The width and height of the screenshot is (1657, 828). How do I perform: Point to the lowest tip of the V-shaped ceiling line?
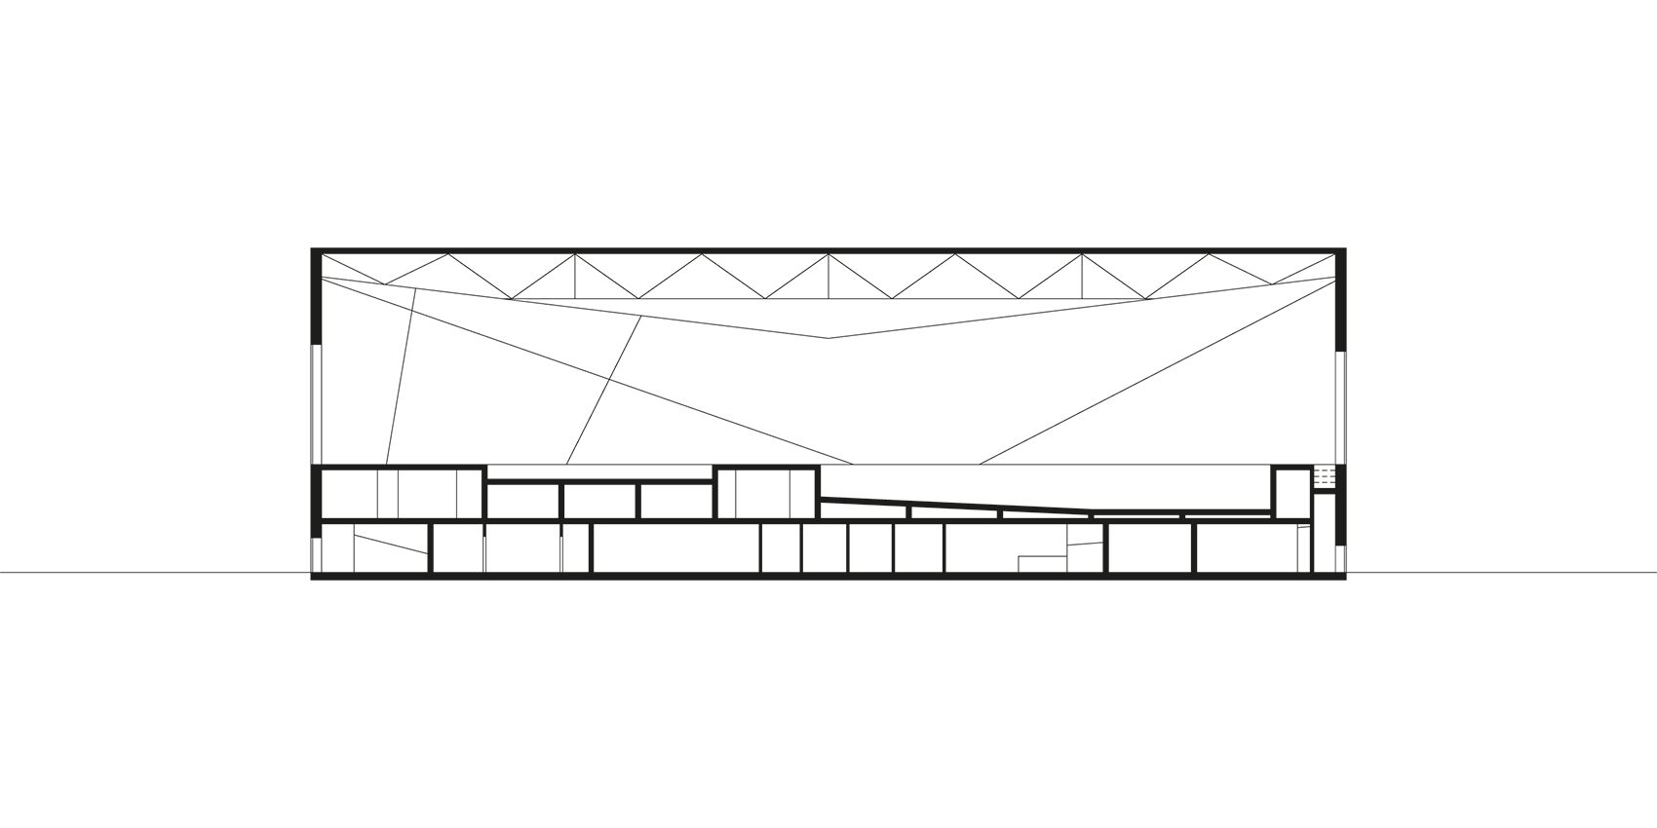coord(828,338)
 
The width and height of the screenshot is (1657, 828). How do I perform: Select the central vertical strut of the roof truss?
coord(828,276)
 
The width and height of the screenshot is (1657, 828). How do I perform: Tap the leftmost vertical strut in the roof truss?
coord(574,277)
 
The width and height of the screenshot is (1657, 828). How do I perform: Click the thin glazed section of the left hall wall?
coord(314,404)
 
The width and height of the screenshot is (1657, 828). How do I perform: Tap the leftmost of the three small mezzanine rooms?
coord(522,501)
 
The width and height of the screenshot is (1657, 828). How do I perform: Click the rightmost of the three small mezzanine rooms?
coord(675,501)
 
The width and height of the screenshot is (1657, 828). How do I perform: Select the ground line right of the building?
coord(1501,573)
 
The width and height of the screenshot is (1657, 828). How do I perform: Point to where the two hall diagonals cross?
coord(610,378)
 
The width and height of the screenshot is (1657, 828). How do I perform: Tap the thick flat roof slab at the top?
coord(828,250)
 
